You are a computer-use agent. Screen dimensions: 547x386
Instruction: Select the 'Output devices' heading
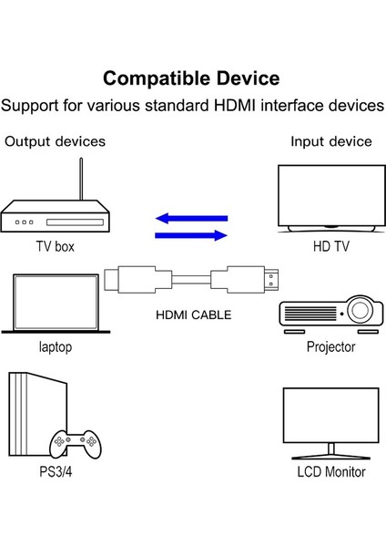click(x=55, y=141)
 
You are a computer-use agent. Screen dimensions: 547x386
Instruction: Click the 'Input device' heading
click(x=330, y=141)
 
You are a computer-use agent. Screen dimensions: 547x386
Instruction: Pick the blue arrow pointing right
click(x=190, y=235)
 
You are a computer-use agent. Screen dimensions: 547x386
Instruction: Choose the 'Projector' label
click(x=330, y=347)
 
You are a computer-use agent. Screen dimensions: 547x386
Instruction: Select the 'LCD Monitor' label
click(x=330, y=472)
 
